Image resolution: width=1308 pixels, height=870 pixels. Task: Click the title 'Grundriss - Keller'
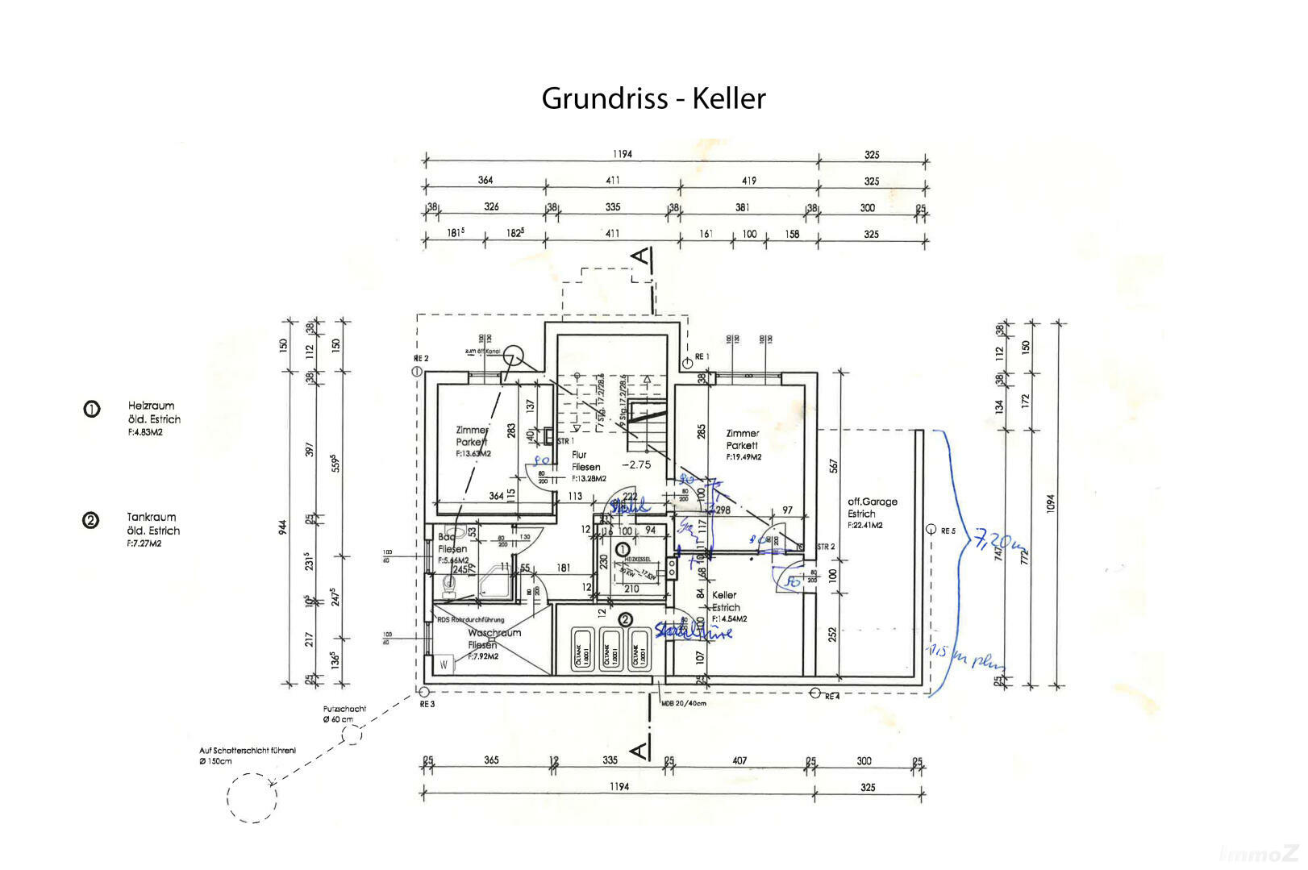coord(653,98)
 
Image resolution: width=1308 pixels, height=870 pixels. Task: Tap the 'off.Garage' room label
coord(873,502)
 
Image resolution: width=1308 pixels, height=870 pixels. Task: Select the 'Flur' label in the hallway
coord(579,455)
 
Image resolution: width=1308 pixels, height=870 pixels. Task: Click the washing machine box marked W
coord(444,664)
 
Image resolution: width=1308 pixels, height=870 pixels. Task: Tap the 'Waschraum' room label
coord(494,633)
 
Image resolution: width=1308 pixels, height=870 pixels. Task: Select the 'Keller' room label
coord(724,595)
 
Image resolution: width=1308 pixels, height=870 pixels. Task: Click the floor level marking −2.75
coord(636,464)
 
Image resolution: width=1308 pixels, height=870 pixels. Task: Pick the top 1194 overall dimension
coord(622,154)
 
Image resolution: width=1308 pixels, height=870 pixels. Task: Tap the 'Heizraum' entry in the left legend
coord(151,406)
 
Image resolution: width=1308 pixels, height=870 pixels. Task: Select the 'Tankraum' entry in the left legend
coord(151,517)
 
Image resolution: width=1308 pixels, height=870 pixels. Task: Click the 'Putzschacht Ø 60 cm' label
coord(344,714)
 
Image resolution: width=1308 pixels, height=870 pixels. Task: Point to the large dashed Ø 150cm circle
coord(252,797)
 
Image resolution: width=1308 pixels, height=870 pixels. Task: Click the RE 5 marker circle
coord(931,530)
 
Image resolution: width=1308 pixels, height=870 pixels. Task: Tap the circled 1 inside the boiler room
coord(623,549)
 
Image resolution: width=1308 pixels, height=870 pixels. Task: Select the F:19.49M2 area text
coord(744,457)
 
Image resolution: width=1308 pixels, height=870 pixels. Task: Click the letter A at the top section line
coord(640,256)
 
